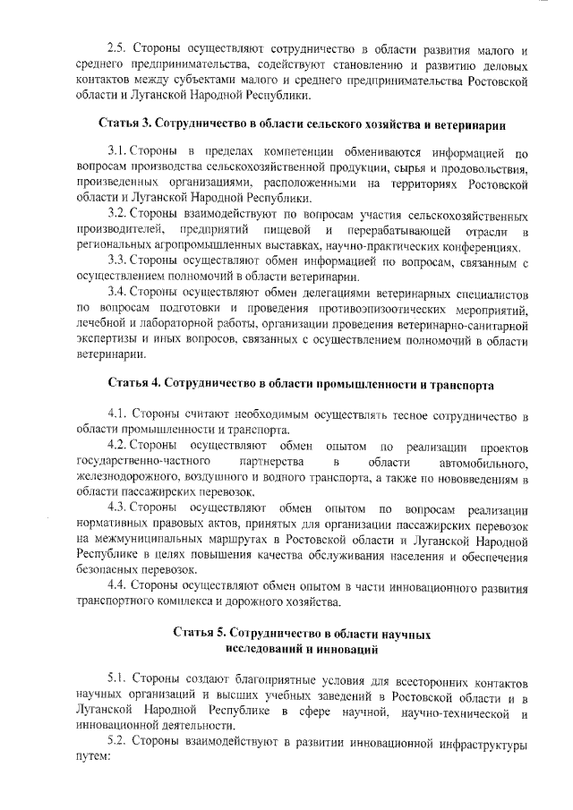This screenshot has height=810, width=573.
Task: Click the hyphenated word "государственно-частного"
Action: pos(135,461)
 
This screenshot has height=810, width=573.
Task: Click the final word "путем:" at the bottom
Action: pos(91,757)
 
